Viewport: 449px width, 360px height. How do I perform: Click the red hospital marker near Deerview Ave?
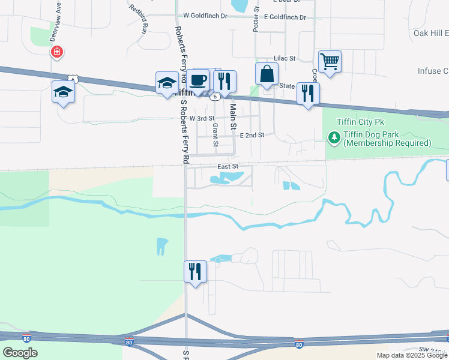coord(57,52)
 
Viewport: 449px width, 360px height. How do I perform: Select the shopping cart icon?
coord(330,61)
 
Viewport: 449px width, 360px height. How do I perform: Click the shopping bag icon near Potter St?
coord(267,74)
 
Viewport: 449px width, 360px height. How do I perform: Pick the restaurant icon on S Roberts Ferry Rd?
coord(195,271)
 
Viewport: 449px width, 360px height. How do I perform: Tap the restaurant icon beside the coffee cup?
coord(224,80)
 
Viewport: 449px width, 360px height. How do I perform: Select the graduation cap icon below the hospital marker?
coord(62,92)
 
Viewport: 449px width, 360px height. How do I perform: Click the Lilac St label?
coord(285,58)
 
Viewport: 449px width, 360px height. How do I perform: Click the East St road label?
coord(228,166)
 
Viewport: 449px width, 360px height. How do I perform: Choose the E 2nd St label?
coord(252,136)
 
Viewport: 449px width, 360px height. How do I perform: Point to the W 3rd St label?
coord(202,119)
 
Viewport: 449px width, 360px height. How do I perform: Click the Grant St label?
coord(215,136)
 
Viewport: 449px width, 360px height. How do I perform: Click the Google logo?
coord(20,353)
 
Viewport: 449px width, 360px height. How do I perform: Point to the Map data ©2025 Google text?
coord(411,355)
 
